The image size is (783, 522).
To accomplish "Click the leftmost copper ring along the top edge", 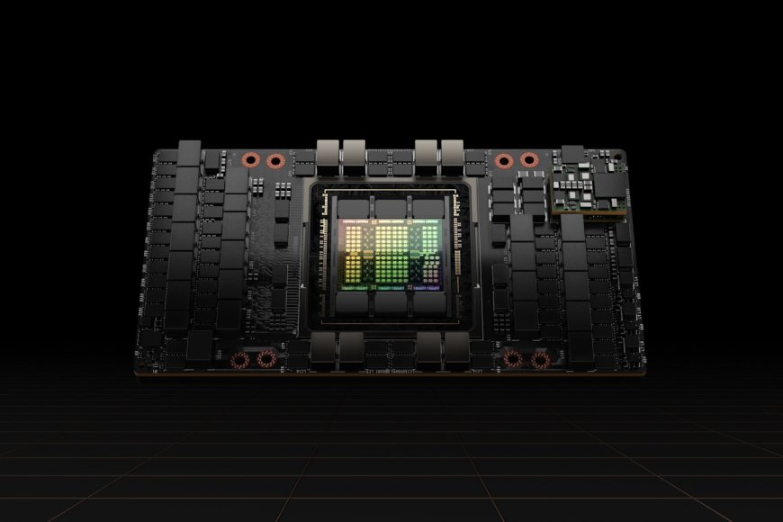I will click(249, 161).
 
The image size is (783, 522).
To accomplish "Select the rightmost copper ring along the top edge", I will click(529, 161).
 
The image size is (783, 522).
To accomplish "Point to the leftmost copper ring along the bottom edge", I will click(238, 361).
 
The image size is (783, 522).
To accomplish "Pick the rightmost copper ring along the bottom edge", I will click(540, 361).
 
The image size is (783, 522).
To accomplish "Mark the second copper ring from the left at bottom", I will click(265, 361).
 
